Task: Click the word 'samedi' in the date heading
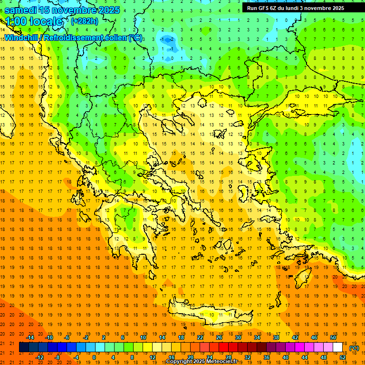pyautogui.click(x=21, y=10)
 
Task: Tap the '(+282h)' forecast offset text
pyautogui.click(x=86, y=21)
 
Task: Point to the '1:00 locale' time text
pyautogui.click(x=34, y=21)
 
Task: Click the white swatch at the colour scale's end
pyautogui.click(x=337, y=348)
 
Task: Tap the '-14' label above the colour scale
pyautogui.click(x=30, y=337)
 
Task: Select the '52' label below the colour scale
pyautogui.click(x=342, y=357)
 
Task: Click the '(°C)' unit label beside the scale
pyautogui.click(x=354, y=348)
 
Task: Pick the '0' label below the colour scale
pyautogui.click(x=94, y=357)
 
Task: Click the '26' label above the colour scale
pyautogui.click(x=219, y=337)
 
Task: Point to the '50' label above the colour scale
pyautogui.click(x=333, y=337)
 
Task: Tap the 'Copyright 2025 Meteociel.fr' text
pyautogui.click(x=202, y=362)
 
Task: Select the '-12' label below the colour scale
pyautogui.click(x=40, y=357)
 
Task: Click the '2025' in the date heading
pyautogui.click(x=106, y=10)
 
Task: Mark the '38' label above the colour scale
pyautogui.click(x=276, y=337)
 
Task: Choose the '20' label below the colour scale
pyautogui.click(x=191, y=357)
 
